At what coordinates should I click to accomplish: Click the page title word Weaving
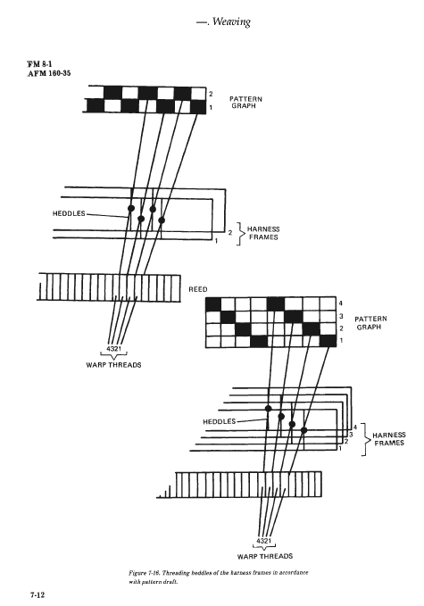(231, 22)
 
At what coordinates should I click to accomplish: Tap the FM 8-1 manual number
(39, 64)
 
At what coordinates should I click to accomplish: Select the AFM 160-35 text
(49, 73)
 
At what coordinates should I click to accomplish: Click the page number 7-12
(37, 594)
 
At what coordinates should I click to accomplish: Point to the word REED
(198, 289)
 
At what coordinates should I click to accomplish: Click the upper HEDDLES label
(69, 213)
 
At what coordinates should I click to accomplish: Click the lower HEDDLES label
(220, 421)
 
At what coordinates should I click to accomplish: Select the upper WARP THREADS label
(113, 365)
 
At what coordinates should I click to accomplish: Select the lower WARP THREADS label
(265, 556)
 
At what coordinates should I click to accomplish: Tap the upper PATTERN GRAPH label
(245, 103)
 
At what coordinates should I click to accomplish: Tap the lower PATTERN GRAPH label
(370, 323)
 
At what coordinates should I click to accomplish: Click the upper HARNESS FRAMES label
(263, 233)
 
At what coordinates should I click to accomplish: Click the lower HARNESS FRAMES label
(389, 439)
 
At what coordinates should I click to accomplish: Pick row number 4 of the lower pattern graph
(340, 303)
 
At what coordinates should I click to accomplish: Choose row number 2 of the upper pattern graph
(211, 94)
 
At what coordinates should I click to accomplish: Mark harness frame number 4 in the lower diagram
(355, 428)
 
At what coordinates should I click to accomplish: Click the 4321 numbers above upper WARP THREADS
(113, 349)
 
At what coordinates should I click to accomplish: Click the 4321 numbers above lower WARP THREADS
(264, 541)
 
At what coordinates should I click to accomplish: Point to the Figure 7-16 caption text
(219, 577)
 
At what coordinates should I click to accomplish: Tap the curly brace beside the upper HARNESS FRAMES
(241, 234)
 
